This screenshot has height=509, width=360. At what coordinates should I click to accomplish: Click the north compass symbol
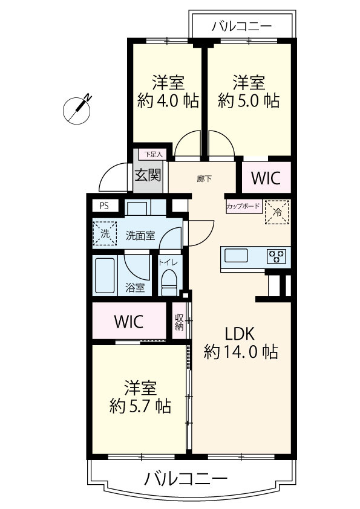[x=77, y=110]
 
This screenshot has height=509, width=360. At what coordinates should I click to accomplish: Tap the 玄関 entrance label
[x=148, y=176]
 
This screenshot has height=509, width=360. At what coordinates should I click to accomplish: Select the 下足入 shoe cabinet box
[x=153, y=154]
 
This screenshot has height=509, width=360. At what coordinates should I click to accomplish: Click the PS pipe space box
[x=105, y=206]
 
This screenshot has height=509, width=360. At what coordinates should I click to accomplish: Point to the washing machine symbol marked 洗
[x=105, y=233]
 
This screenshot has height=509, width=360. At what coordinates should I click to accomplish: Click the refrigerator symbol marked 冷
[x=277, y=212]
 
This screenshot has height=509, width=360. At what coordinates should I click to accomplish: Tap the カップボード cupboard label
[x=243, y=206]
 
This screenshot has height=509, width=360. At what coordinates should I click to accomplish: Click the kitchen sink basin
[x=236, y=255]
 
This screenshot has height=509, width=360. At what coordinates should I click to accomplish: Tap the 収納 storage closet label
[x=179, y=322]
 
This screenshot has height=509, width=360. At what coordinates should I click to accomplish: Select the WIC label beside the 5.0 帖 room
[x=266, y=178]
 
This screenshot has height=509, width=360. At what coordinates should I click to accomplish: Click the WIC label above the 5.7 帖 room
[x=129, y=322]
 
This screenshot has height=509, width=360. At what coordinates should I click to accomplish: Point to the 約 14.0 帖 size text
[x=241, y=351]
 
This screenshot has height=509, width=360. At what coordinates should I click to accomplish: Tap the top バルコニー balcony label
[x=242, y=26]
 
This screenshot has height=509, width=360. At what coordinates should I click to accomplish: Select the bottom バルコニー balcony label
[x=186, y=479]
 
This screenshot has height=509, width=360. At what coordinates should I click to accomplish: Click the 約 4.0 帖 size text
[x=168, y=100]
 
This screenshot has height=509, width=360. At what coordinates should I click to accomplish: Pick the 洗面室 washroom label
[x=140, y=236]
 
